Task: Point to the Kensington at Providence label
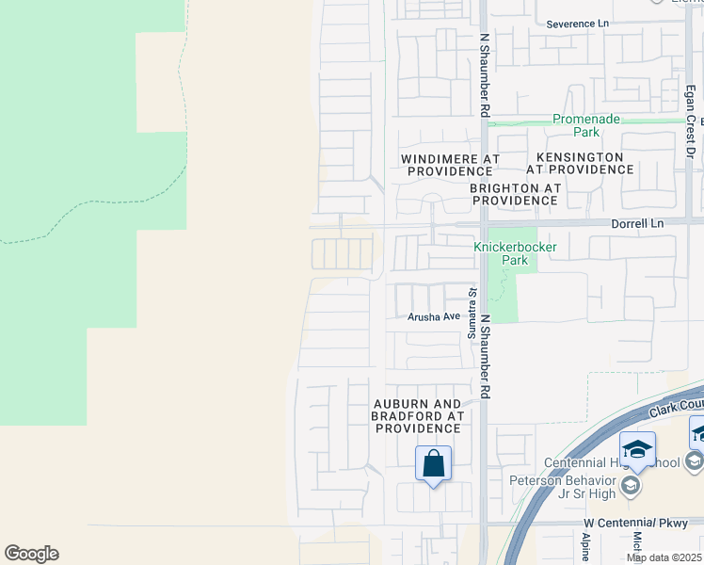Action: (579, 163)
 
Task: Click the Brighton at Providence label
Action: (515, 194)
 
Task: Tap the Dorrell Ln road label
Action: (637, 224)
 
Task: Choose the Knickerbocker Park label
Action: (515, 253)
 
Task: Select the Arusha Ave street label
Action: (433, 317)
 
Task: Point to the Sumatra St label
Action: (472, 315)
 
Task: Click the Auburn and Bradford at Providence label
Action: (417, 415)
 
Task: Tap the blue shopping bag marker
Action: (433, 464)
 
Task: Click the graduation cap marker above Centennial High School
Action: (637, 449)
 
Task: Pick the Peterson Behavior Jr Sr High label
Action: (563, 486)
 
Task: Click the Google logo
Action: (31, 554)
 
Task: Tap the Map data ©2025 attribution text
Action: (664, 557)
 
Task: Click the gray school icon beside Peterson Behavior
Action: (630, 486)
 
